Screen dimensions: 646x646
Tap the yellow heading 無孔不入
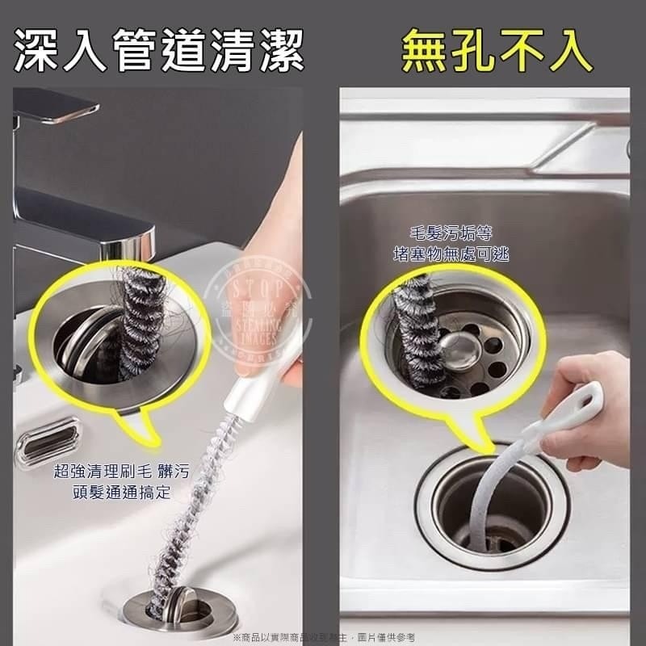click(x=496, y=50)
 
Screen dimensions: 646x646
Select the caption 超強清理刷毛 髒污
click(x=121, y=472)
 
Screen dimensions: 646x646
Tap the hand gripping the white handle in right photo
click(x=594, y=412)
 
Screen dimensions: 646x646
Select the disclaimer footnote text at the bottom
click(x=323, y=637)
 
